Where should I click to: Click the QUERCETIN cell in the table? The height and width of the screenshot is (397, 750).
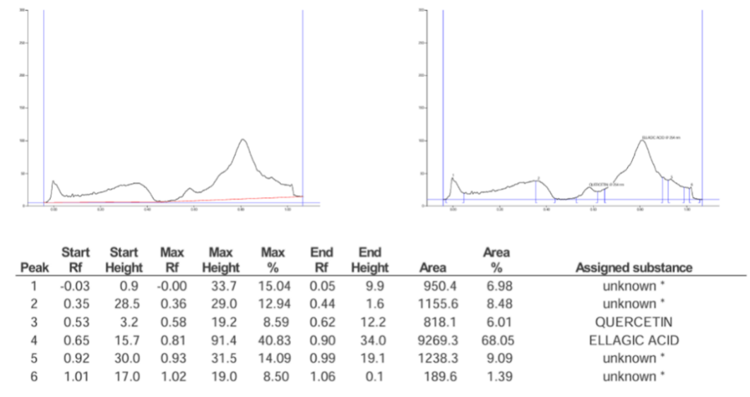(633, 322)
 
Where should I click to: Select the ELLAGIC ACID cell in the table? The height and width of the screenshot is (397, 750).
(633, 340)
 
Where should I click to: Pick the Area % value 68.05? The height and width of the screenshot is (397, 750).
(496, 340)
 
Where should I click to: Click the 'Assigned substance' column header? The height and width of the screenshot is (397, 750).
(633, 268)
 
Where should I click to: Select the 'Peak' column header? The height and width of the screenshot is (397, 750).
(35, 268)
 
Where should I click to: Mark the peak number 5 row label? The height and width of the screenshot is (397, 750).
(35, 359)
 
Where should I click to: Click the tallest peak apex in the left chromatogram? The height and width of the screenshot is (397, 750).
(242, 139)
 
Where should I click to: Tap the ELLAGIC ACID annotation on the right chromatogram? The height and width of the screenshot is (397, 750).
(660, 137)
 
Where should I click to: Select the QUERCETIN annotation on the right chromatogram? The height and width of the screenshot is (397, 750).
(605, 184)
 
